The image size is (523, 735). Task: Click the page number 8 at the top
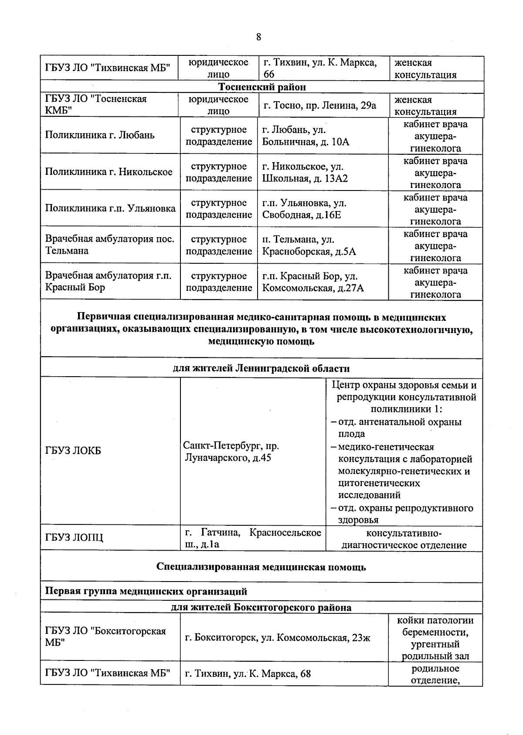[258, 37]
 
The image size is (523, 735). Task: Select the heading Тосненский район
[261, 87]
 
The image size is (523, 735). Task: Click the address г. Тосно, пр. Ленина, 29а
[320, 105]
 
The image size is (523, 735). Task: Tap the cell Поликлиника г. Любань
[100, 135]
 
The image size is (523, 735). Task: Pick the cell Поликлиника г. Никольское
[109, 172]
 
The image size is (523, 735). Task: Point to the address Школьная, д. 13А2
[305, 178]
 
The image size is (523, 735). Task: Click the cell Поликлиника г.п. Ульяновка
[110, 208]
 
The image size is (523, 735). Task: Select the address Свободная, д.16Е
[301, 215]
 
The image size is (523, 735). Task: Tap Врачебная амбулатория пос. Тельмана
[110, 245]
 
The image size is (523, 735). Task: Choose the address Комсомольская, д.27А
[312, 288]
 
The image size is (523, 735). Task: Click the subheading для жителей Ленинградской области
[261, 368]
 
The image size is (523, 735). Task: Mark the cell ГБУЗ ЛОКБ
[73, 451]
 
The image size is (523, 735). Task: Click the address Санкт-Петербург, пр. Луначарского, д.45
[231, 452]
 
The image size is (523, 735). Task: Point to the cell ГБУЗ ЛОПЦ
[74, 538]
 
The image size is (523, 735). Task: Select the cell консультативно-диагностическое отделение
[404, 539]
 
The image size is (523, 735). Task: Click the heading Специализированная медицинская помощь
[261, 567]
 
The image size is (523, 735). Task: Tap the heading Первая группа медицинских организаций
[146, 591]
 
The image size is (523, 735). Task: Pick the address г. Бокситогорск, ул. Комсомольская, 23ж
[278, 638]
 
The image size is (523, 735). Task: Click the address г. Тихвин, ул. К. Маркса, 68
[248, 674]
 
